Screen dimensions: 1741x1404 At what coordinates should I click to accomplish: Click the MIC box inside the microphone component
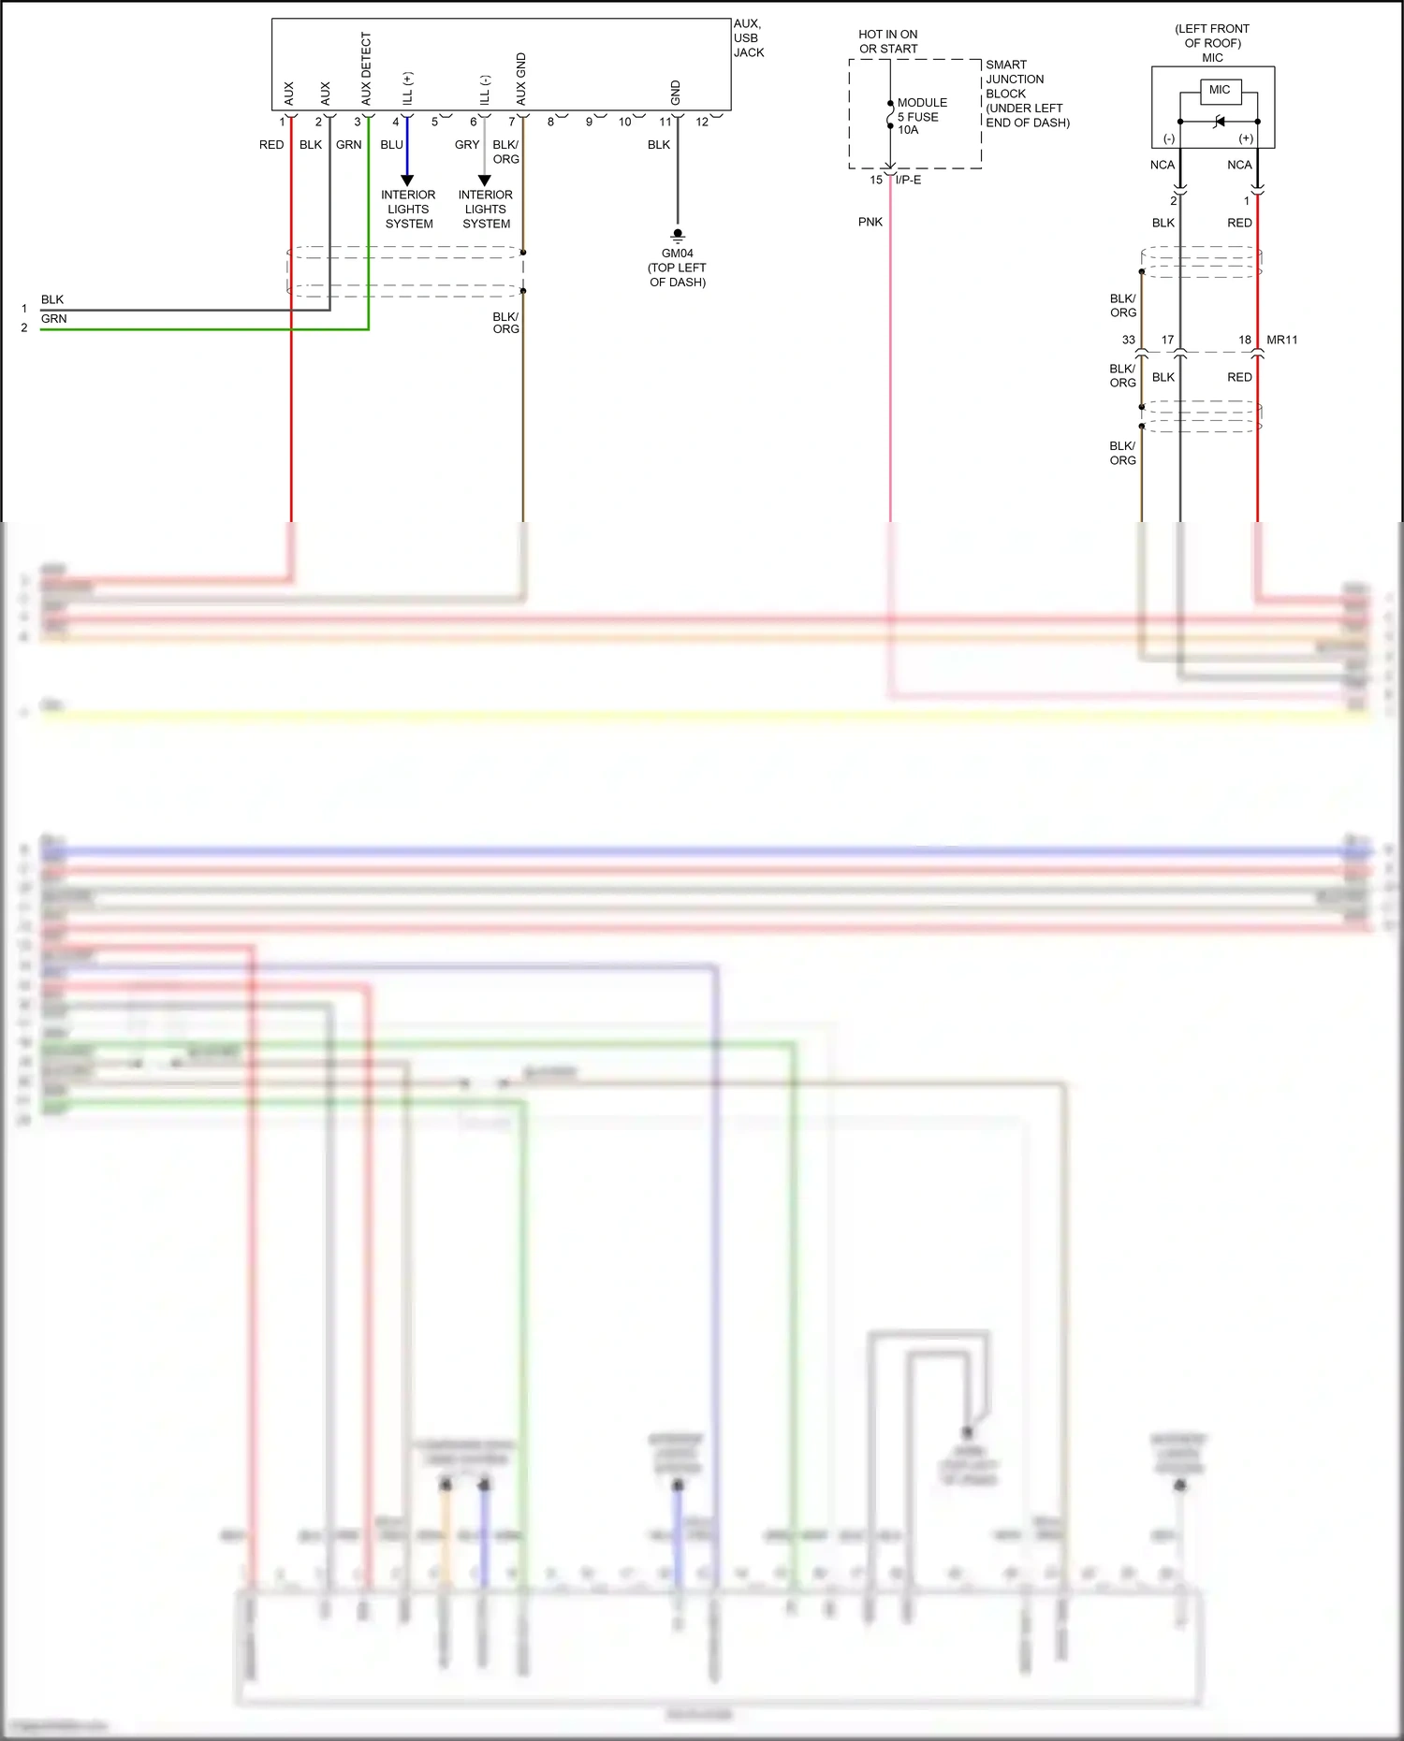pos(1220,91)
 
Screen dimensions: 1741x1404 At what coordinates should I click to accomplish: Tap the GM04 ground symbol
pos(678,236)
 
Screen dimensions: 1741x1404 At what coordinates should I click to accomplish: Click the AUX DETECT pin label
pos(366,69)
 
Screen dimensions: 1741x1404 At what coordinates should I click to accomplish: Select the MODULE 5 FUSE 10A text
pos(921,116)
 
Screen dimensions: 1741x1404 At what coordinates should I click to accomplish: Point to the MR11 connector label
pos(1281,340)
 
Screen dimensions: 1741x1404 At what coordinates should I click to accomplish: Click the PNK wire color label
pos(870,222)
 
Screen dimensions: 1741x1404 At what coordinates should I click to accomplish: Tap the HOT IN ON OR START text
pos(887,41)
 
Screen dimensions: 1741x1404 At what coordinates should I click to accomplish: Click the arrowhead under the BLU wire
pos(407,180)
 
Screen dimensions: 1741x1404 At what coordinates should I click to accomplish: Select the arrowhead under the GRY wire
pos(484,180)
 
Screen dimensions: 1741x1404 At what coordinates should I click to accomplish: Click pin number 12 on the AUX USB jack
pos(702,122)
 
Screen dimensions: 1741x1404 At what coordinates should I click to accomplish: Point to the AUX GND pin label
pos(521,80)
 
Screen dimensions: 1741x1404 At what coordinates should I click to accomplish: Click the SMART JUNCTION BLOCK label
pos(1026,94)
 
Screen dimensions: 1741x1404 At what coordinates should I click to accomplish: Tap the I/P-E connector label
pos(908,180)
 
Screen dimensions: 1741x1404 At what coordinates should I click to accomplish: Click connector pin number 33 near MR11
pos(1128,340)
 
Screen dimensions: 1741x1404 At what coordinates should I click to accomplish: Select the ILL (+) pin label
pos(407,88)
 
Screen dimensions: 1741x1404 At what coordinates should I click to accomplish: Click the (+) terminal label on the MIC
pos(1245,138)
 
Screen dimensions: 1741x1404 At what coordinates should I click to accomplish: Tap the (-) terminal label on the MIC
pos(1168,138)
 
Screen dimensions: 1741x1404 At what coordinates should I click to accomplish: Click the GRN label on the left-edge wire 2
pos(53,319)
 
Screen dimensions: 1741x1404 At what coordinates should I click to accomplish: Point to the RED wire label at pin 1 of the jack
pos(271,145)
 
